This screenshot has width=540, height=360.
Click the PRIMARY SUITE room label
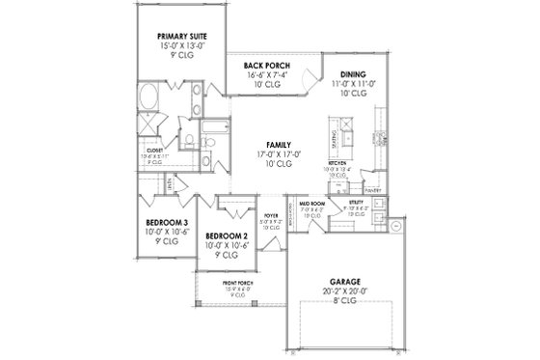click(x=182, y=38)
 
